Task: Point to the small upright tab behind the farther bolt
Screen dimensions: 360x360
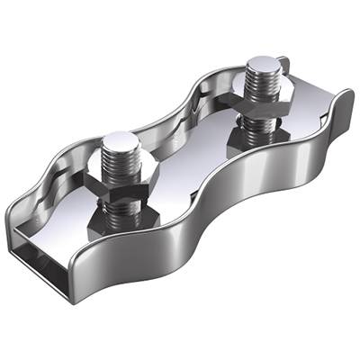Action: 282,67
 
